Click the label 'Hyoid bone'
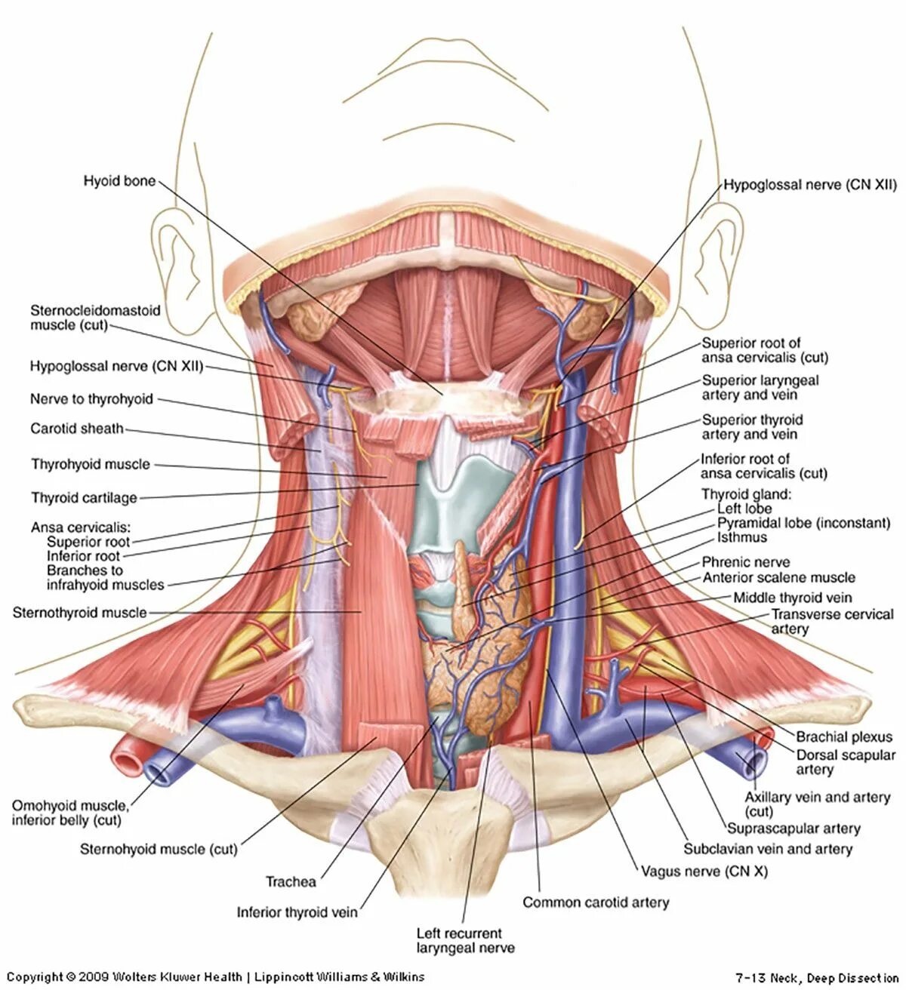click(x=119, y=181)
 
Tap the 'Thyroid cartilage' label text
click(x=84, y=497)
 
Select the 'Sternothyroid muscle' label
click(x=79, y=613)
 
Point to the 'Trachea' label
click(x=291, y=881)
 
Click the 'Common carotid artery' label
click(x=596, y=902)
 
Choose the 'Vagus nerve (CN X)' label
click(x=704, y=871)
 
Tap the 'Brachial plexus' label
click(x=844, y=736)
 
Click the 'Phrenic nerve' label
click(x=746, y=562)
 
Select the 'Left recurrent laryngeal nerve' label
click(x=464, y=940)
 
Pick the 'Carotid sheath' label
click(x=76, y=429)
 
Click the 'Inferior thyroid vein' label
click(x=297, y=912)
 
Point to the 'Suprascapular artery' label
click(x=794, y=829)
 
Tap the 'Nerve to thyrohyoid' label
click(x=91, y=399)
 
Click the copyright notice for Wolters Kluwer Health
click(x=215, y=976)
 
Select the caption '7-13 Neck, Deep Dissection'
click(x=817, y=978)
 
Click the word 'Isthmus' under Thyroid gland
click(x=741, y=537)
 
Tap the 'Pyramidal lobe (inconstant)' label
click(x=803, y=523)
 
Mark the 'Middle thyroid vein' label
click(x=793, y=598)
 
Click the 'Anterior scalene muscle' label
click(x=778, y=578)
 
